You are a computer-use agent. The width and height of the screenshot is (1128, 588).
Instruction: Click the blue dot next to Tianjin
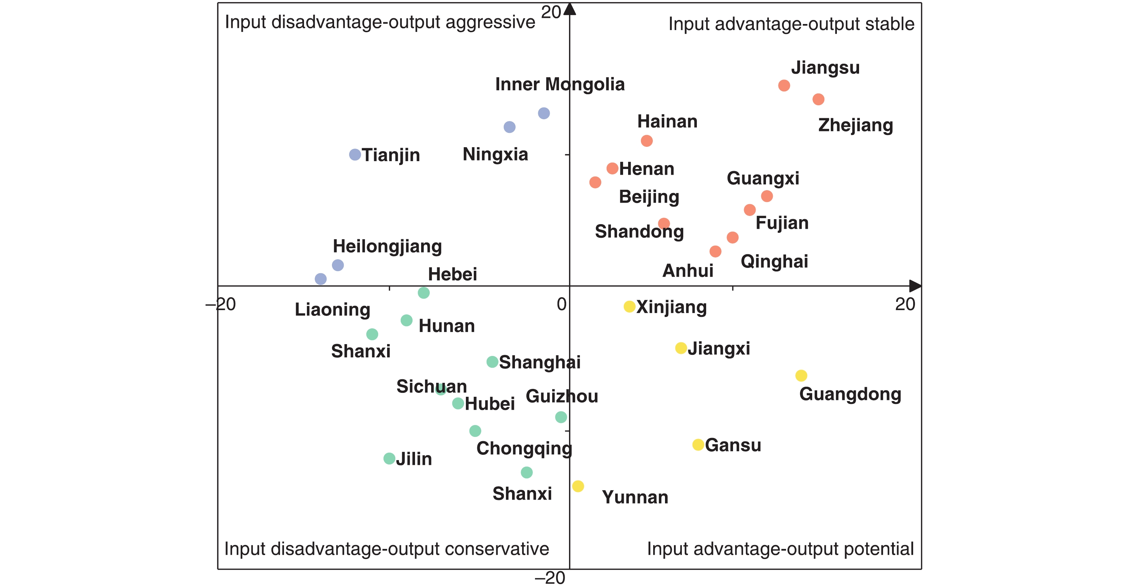(x=355, y=155)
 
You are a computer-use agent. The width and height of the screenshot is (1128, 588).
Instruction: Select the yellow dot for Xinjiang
(x=629, y=307)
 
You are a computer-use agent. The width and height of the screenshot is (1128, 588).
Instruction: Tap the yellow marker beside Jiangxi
(x=681, y=348)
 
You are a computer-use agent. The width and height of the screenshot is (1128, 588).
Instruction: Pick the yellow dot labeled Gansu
(x=698, y=445)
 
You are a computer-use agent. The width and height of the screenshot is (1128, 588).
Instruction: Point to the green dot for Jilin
(x=389, y=458)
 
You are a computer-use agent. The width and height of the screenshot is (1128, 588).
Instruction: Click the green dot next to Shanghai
(x=492, y=362)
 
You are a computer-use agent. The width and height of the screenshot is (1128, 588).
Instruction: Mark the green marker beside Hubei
(x=458, y=403)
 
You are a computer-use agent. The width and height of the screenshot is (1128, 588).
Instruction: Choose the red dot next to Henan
(x=612, y=168)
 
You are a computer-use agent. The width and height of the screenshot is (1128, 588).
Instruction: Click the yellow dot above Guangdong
(x=801, y=376)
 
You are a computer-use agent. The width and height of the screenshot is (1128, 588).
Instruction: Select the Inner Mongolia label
(x=560, y=85)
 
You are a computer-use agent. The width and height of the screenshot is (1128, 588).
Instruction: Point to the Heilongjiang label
(x=387, y=246)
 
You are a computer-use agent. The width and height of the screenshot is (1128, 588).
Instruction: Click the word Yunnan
(x=635, y=497)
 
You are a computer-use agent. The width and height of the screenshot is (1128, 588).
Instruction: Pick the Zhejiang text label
(x=855, y=126)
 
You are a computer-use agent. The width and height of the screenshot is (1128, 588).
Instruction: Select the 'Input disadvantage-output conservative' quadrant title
(x=386, y=549)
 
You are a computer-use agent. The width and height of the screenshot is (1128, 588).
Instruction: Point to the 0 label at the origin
(x=561, y=304)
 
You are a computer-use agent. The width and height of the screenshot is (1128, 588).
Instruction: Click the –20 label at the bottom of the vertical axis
(x=550, y=578)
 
